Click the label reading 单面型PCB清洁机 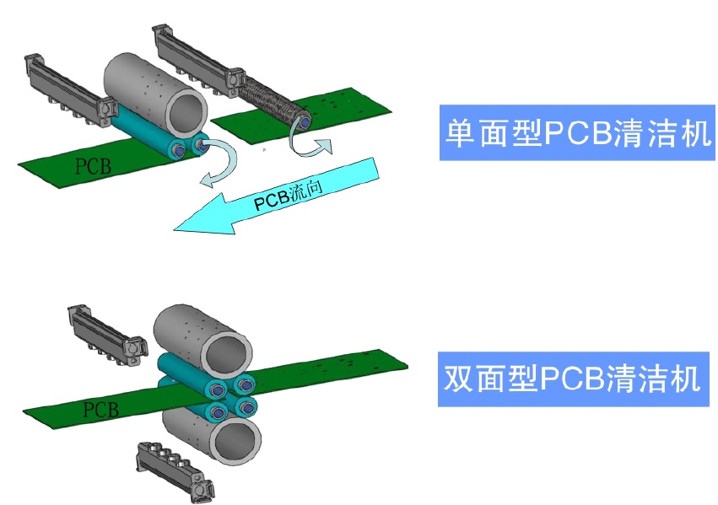tap(577, 133)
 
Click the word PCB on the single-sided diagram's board tap(92, 164)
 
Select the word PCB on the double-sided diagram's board tap(100, 410)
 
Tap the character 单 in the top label tap(459, 133)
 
